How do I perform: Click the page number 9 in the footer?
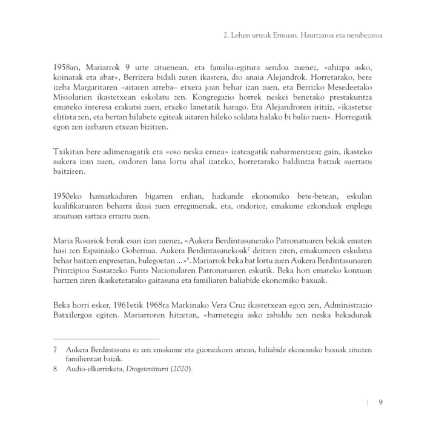379,403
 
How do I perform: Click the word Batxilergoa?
76,318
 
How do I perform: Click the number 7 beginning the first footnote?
55,349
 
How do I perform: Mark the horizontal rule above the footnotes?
106,339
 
